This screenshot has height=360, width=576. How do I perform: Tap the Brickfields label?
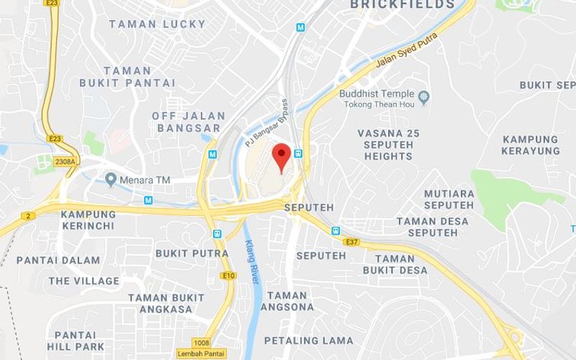tap(402, 5)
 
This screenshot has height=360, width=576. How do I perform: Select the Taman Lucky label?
tap(157, 24)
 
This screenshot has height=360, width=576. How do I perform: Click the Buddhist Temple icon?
tap(424, 94)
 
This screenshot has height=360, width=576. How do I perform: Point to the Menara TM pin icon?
tap(110, 178)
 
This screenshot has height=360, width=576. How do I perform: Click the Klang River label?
tap(252, 261)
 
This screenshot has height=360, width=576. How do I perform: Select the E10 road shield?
tap(229, 275)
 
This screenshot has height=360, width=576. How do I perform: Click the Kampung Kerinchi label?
tap(88, 220)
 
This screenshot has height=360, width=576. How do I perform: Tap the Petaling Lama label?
tap(308, 340)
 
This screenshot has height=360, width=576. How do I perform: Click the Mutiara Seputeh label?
tap(449, 199)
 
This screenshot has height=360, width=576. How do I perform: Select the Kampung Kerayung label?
tap(531, 145)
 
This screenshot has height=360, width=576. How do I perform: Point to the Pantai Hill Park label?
tap(75, 341)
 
